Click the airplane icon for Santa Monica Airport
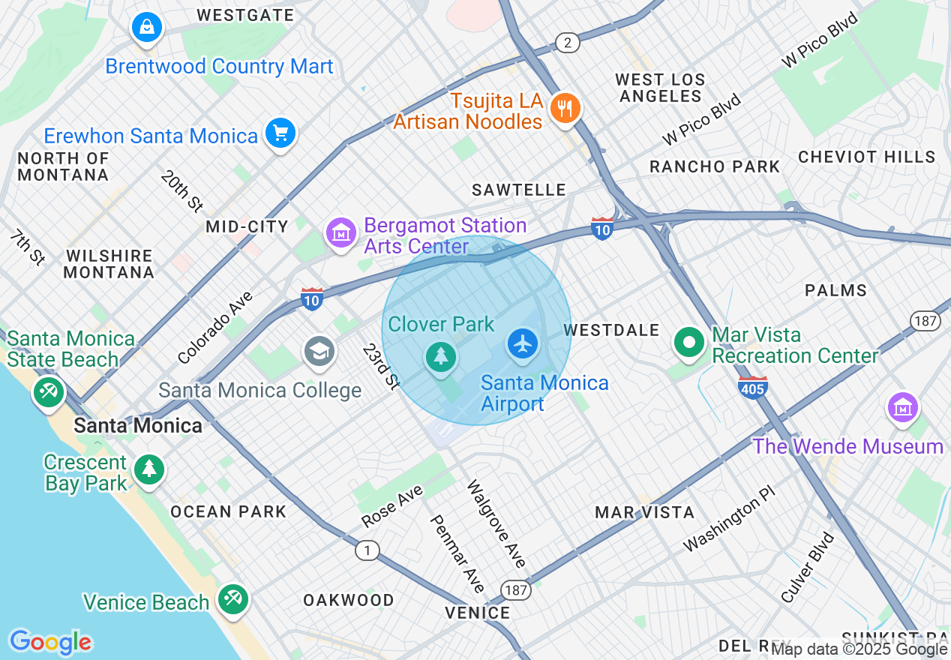(x=523, y=343)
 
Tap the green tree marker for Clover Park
(x=441, y=356)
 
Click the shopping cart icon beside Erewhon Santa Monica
(x=281, y=133)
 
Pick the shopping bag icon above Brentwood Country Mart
(x=147, y=28)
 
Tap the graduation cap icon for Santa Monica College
(x=319, y=350)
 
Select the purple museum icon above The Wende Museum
(x=904, y=407)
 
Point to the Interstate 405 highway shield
(x=752, y=388)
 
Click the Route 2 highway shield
(x=568, y=43)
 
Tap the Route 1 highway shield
(x=367, y=551)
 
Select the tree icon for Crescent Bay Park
(x=149, y=469)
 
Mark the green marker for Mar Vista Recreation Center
(x=689, y=343)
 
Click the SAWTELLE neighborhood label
(x=518, y=190)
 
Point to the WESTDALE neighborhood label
(x=611, y=330)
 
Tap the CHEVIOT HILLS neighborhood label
(x=866, y=157)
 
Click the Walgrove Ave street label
(x=496, y=523)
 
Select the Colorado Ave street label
(x=216, y=328)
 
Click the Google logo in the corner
(x=50, y=642)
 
